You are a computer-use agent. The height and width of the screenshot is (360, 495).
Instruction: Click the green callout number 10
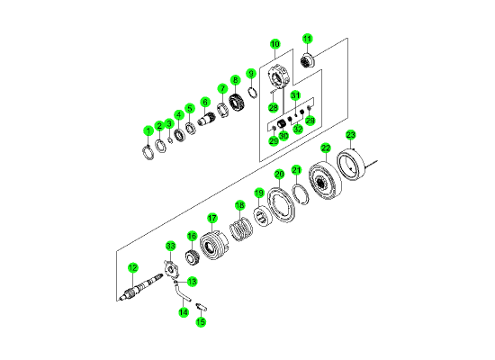pyautogui.click(x=275, y=44)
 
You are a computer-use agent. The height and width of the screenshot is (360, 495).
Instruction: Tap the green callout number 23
pyautogui.click(x=350, y=135)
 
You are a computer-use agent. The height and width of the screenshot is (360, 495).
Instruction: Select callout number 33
pyautogui.click(x=170, y=246)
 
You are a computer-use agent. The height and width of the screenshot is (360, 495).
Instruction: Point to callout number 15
pyautogui.click(x=201, y=322)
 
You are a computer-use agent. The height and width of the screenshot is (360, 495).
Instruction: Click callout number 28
pyautogui.click(x=274, y=107)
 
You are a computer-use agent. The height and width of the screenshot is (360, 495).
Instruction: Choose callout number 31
pyautogui.click(x=295, y=95)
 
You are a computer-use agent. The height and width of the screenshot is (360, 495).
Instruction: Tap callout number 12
pyautogui.click(x=133, y=268)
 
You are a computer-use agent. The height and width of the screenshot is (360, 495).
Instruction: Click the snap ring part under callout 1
pyautogui.click(x=148, y=152)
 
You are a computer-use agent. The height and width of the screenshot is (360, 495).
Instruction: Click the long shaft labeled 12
pyautogui.click(x=141, y=288)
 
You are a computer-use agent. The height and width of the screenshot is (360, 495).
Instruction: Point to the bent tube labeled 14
pyautogui.click(x=181, y=292)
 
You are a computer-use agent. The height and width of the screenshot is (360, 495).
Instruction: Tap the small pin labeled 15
pyautogui.click(x=201, y=306)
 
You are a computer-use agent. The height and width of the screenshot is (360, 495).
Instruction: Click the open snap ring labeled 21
pyautogui.click(x=300, y=193)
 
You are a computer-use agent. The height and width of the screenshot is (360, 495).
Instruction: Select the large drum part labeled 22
pyautogui.click(x=325, y=181)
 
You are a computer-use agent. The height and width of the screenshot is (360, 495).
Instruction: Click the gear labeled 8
pyautogui.click(x=238, y=102)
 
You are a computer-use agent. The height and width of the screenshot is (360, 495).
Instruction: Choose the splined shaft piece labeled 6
pyautogui.click(x=206, y=120)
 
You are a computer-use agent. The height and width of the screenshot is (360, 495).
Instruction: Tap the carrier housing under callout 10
pyautogui.click(x=278, y=76)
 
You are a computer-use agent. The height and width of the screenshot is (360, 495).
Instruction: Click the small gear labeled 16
pyautogui.click(x=191, y=256)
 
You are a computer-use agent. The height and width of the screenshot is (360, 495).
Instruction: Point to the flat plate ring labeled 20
pyautogui.click(x=281, y=205)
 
